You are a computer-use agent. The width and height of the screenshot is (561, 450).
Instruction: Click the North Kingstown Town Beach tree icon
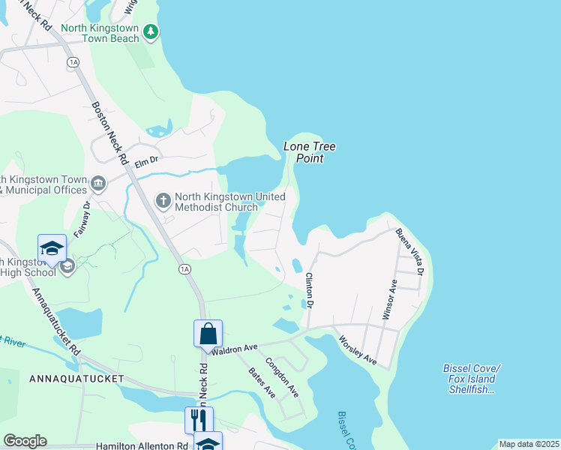[151, 31]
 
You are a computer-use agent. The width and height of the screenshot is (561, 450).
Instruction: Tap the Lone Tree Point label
[309, 152]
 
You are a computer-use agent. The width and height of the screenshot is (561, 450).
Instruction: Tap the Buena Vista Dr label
[411, 250]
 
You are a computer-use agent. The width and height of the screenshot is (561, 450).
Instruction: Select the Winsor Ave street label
[390, 300]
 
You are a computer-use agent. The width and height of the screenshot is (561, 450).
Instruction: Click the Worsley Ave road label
[358, 350]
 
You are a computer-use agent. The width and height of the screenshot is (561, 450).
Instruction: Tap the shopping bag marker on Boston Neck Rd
[208, 333]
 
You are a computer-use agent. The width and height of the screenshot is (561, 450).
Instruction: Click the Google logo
[25, 441]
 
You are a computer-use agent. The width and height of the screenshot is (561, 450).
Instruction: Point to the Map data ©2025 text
[528, 444]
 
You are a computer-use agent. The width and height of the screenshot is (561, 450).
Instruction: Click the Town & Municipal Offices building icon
[98, 184]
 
